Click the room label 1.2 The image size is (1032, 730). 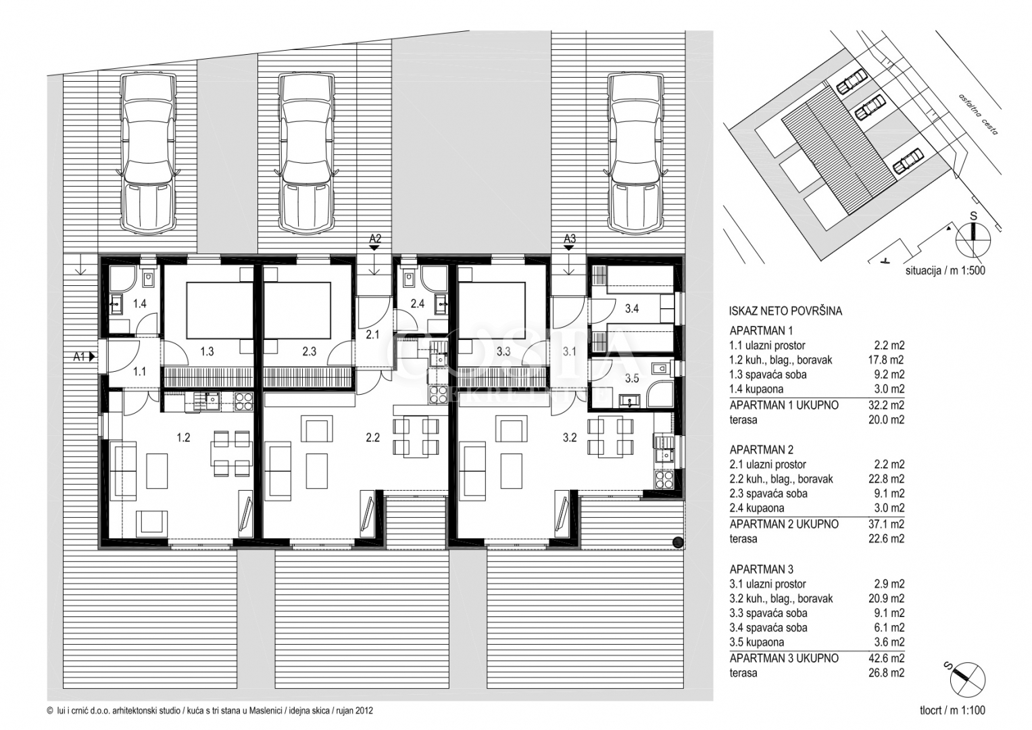183,437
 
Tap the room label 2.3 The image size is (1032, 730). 309,351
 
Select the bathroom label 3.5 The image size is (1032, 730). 632,379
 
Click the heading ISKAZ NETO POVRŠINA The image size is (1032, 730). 785,311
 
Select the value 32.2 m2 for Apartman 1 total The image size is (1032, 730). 886,405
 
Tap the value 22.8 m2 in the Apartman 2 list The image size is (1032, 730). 887,479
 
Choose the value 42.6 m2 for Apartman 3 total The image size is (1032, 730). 886,658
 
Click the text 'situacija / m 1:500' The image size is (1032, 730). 945,270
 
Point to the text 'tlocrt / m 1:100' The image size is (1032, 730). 952,710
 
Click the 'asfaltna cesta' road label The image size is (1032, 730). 978,114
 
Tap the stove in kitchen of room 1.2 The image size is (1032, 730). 244,401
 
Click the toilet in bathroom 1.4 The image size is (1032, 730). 149,278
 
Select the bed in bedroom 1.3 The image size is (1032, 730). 220,310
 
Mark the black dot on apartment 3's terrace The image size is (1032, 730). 678,542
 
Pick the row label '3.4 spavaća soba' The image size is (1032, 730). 768,628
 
